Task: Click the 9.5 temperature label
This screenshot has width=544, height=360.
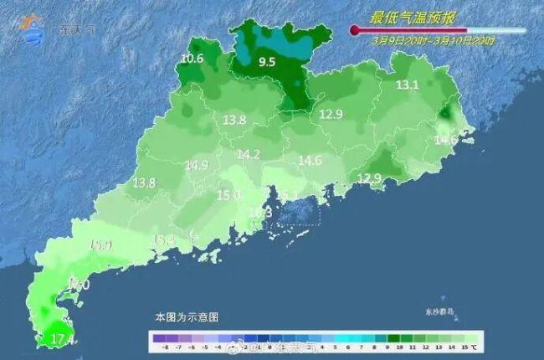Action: click(x=267, y=62)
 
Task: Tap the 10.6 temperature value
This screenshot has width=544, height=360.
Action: click(x=192, y=59)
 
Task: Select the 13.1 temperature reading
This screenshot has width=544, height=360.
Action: click(x=407, y=85)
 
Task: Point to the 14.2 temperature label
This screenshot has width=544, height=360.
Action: click(x=249, y=155)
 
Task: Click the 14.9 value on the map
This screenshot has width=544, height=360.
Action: click(x=197, y=166)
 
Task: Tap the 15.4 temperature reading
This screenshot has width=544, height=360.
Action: click(x=163, y=240)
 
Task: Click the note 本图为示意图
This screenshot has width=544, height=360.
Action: click(x=186, y=318)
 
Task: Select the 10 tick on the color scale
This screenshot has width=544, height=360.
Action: click(x=400, y=346)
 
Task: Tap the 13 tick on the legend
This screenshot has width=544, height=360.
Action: click(x=440, y=346)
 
